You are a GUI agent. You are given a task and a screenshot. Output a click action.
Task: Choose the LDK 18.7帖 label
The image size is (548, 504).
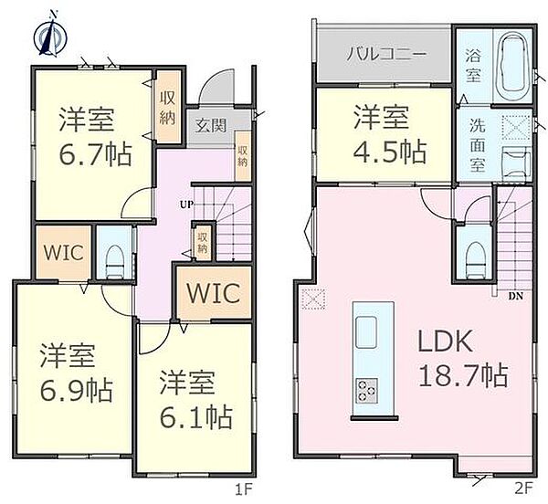[x=463, y=358]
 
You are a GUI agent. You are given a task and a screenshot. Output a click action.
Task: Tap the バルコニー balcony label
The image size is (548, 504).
[x=385, y=54]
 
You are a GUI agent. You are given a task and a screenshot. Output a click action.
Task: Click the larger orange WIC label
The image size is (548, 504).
[x=214, y=294]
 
